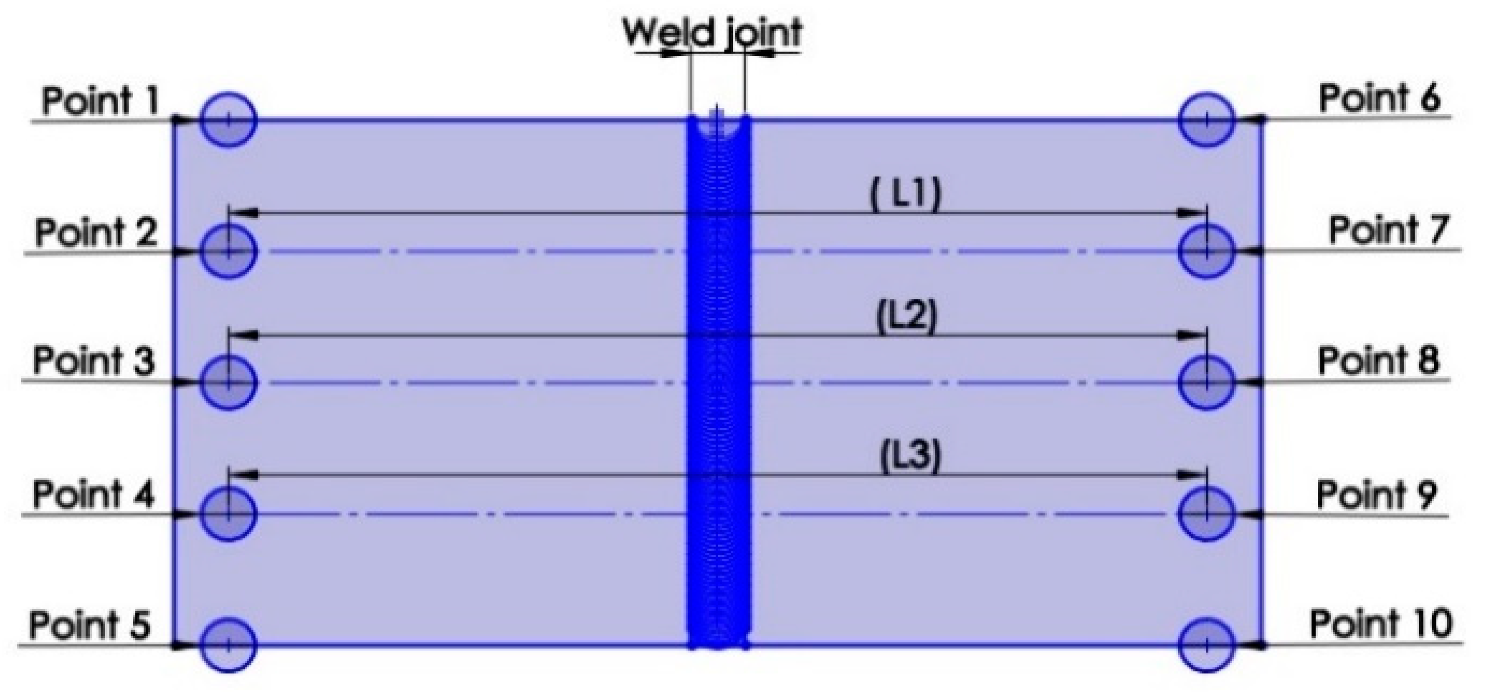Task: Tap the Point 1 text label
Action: coord(100,101)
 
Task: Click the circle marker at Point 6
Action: coord(1207,120)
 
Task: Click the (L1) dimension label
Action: coord(905,195)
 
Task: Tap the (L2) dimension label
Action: coord(906,317)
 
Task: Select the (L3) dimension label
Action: coord(910,457)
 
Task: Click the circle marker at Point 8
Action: coord(1207,382)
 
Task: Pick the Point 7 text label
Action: coord(1389,230)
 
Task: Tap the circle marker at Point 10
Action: coord(1207,645)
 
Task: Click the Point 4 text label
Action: coord(93,495)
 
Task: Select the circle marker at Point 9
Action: coord(1207,514)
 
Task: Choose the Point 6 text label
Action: coord(1380,98)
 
